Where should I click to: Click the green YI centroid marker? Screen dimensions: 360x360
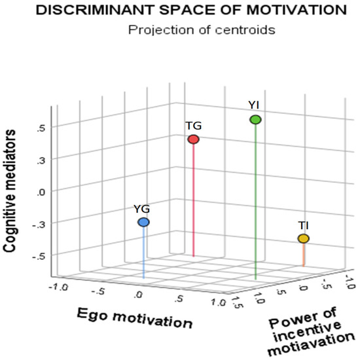tap(255, 119)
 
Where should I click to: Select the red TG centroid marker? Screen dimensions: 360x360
tap(193, 139)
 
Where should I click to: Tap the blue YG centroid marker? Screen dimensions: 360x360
tap(143, 223)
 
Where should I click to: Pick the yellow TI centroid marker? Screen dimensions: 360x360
tap(303, 240)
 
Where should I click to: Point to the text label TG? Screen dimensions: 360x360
tap(193, 126)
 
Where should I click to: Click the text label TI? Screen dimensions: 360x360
tap(303, 226)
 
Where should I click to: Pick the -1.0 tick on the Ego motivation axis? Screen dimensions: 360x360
tap(59, 285)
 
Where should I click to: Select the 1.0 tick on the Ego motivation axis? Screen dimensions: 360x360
tap(217, 302)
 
